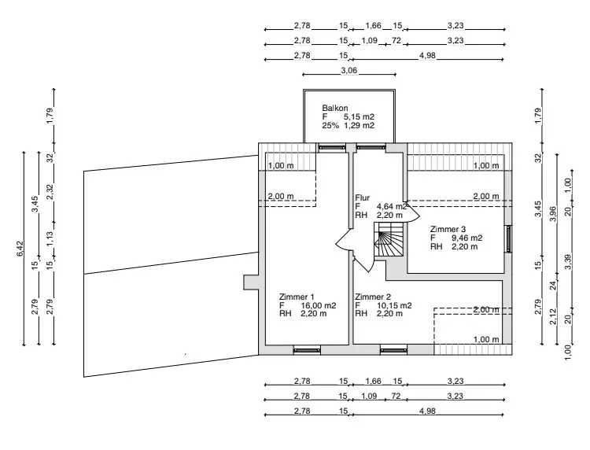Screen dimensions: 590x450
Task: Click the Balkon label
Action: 334,108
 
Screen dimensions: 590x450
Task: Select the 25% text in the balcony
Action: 330,125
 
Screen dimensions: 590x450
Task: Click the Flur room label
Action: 362,198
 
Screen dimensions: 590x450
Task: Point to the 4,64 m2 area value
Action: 392,207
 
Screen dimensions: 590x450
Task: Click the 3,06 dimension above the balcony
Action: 348,71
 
